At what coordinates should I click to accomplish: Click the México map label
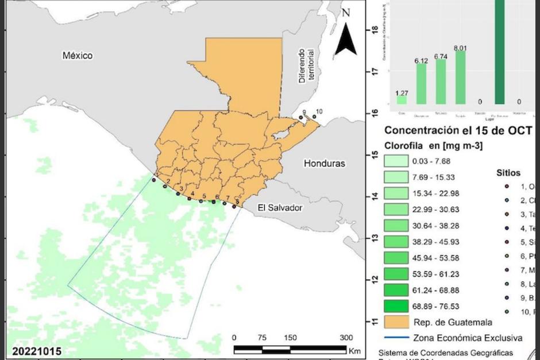pyautogui.click(x=77, y=56)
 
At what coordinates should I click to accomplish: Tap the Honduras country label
pyautogui.click(x=325, y=163)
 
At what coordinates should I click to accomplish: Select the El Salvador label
pyautogui.click(x=279, y=207)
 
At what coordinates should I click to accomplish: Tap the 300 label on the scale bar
pyautogui.click(x=346, y=337)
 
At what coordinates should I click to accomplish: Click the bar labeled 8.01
pyautogui.click(x=460, y=78)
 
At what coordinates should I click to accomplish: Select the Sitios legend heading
pyautogui.click(x=509, y=172)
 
